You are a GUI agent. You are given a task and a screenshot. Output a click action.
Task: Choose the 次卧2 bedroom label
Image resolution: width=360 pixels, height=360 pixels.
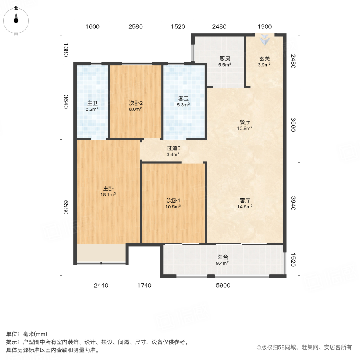[136, 103]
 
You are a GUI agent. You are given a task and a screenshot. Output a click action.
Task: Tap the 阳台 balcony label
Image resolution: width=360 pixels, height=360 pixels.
[223, 257]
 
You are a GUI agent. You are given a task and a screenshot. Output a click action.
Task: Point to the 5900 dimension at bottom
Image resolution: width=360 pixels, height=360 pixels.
[223, 286]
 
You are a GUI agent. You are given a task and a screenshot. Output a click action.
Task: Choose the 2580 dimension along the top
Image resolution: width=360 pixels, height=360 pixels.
[136, 27]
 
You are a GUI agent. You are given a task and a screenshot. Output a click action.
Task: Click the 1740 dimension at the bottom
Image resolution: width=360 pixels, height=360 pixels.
[144, 286]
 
